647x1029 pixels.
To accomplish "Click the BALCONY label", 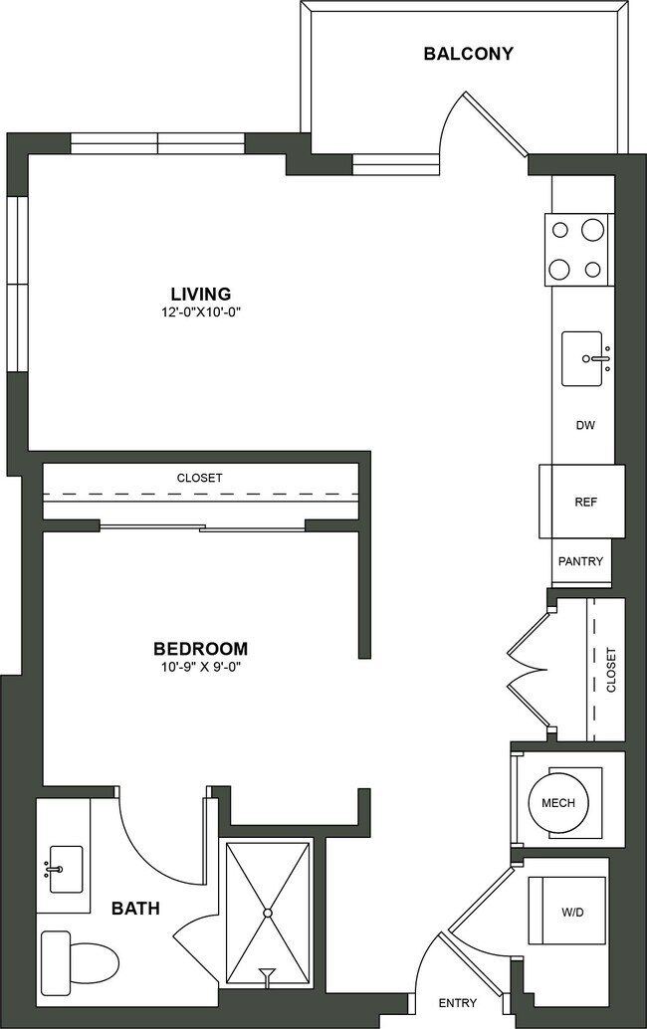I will tap(469, 54).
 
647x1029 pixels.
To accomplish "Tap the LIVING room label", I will tap(200, 294).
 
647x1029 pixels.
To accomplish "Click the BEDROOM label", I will tap(200, 648).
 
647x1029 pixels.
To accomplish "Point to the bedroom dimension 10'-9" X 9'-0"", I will tap(200, 666).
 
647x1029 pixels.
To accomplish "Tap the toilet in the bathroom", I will tap(79, 960).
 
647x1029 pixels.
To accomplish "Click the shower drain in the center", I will tap(268, 912).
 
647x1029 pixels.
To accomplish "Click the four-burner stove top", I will tap(576, 249).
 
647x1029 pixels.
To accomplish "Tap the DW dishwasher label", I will tap(585, 426).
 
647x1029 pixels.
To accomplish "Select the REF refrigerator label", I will tap(585, 503).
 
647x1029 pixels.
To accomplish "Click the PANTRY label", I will tap(580, 561).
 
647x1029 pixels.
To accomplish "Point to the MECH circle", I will tap(557, 803).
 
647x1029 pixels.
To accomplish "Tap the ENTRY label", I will tap(457, 1003).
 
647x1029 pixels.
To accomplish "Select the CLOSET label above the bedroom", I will tap(200, 478).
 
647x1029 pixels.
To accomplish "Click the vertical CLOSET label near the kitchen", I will tap(611, 670).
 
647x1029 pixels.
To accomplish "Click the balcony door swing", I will tap(488, 124).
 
